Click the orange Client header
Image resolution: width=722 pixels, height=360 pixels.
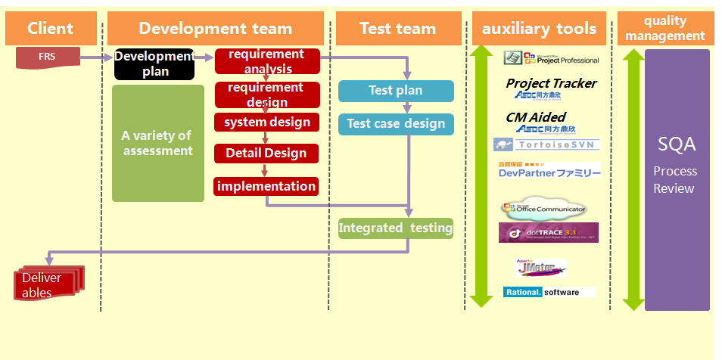click(x=51, y=29)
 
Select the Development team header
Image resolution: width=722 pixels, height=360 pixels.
click(x=215, y=29)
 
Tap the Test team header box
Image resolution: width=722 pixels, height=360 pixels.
click(x=398, y=29)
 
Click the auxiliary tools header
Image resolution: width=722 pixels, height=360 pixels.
click(x=539, y=29)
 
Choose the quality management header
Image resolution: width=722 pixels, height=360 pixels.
click(x=664, y=29)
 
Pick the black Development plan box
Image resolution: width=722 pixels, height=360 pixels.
click(x=154, y=64)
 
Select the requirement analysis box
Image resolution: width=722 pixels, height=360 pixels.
click(x=267, y=61)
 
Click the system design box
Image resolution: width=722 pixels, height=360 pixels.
click(x=267, y=123)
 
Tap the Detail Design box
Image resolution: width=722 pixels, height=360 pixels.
click(x=266, y=154)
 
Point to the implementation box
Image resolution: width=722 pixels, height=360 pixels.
click(x=266, y=186)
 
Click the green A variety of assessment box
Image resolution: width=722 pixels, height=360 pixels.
click(x=157, y=143)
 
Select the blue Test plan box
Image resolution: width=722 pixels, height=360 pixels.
click(x=396, y=91)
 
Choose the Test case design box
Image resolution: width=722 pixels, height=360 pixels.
click(x=396, y=124)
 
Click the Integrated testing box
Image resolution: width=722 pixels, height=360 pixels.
click(x=395, y=228)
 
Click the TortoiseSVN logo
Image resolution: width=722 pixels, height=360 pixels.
click(x=546, y=144)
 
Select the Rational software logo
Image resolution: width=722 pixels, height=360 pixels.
click(x=549, y=292)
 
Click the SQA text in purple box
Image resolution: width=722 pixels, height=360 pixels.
click(x=677, y=144)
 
